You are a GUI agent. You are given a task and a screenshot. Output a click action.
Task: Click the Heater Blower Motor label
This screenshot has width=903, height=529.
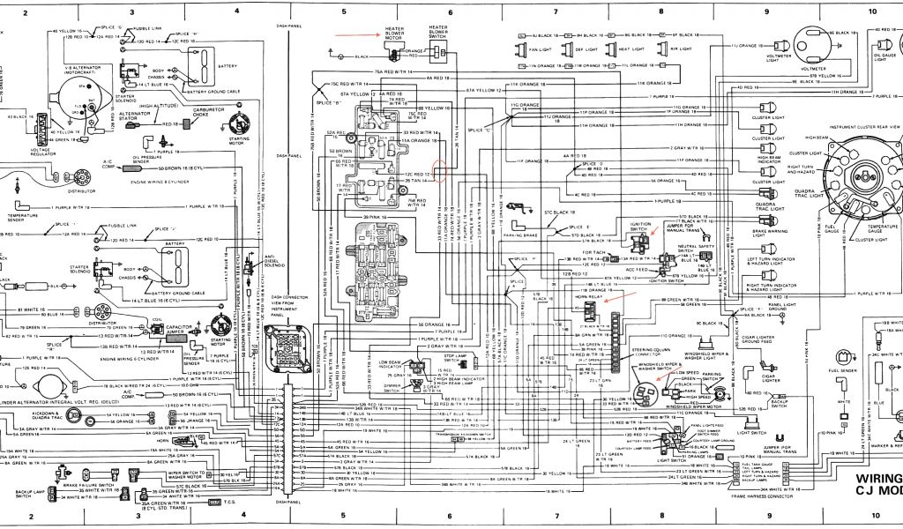(394, 34)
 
